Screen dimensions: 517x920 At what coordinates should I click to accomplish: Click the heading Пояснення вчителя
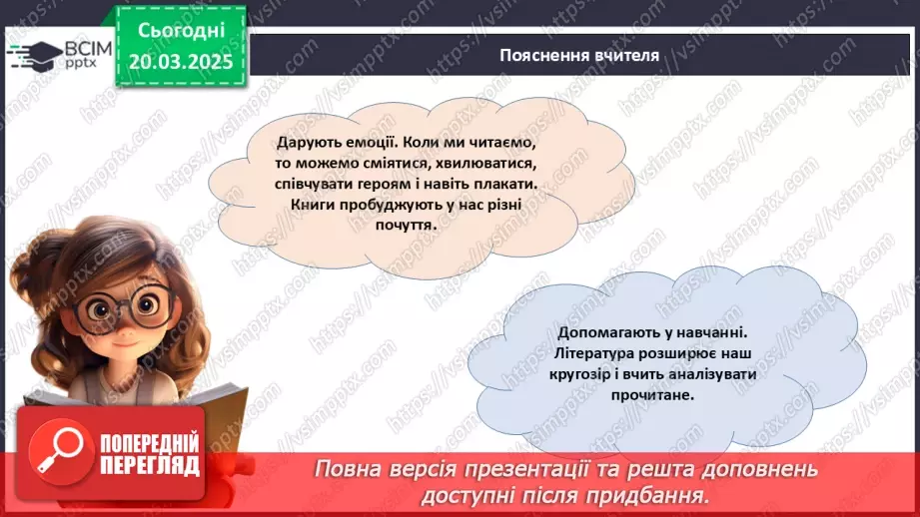click(x=579, y=56)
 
